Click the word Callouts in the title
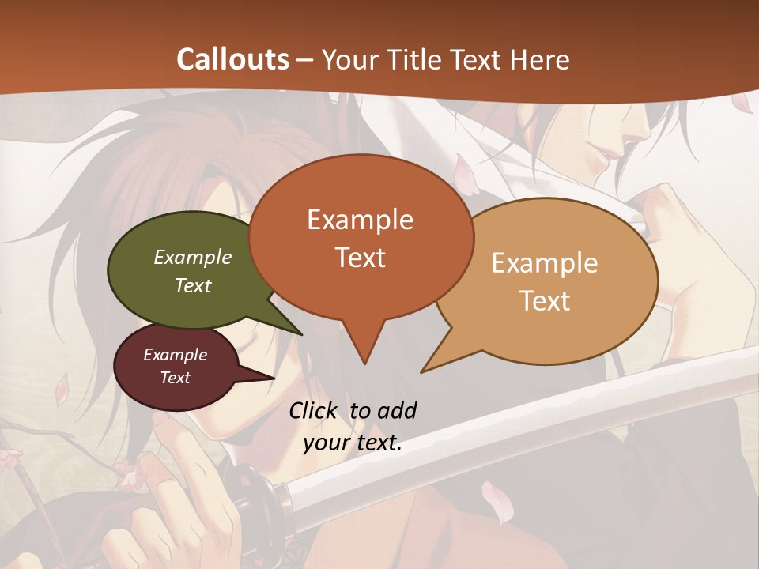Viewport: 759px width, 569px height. coord(232,59)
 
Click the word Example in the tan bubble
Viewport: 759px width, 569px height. coord(545,263)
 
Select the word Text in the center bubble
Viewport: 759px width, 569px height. coord(360,258)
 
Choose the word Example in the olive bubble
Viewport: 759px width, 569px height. coord(193,257)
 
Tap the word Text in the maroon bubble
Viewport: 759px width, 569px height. coord(176,378)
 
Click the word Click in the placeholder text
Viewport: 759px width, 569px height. coord(314,410)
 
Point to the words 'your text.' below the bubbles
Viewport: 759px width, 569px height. coord(353,443)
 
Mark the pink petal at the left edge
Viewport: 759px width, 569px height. coord(62,391)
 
